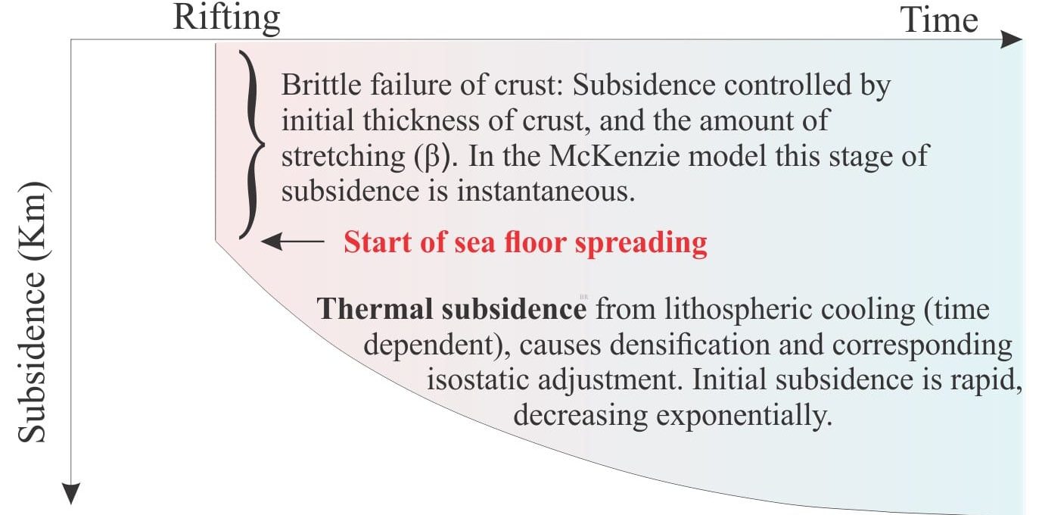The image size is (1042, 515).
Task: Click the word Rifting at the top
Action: pyautogui.click(x=226, y=19)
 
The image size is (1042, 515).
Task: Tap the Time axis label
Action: pyautogui.click(x=939, y=20)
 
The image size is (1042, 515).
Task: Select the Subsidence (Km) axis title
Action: pyautogui.click(x=33, y=311)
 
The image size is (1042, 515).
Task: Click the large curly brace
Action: pyautogui.click(x=252, y=145)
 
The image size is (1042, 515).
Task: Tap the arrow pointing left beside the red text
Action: pyautogui.click(x=293, y=241)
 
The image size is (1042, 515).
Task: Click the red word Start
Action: pyautogui.click(x=378, y=242)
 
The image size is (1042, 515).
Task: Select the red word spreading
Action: pyautogui.click(x=641, y=244)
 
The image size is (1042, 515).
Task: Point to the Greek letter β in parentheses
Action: pyautogui.click(x=432, y=157)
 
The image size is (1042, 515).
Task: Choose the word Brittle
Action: pyautogui.click(x=321, y=85)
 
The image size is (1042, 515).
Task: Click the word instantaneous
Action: pyautogui.click(x=546, y=192)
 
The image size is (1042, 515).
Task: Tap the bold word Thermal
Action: pyautogui.click(x=375, y=309)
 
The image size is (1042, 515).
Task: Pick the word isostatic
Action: pyautogui.click(x=478, y=379)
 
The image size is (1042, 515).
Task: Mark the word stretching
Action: pyautogui.click(x=344, y=157)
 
